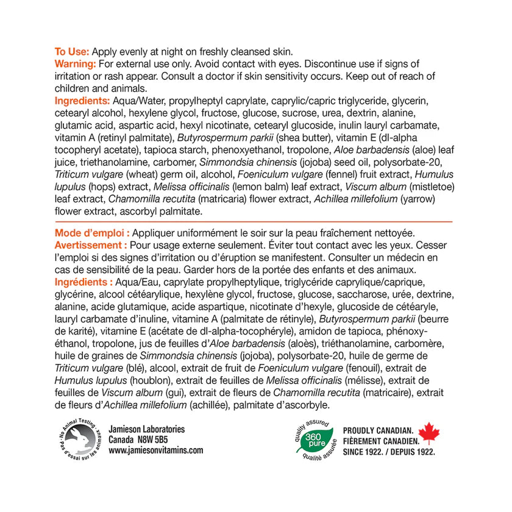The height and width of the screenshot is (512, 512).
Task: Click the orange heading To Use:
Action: click(x=72, y=52)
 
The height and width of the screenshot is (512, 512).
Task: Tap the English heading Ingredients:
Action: click(x=82, y=101)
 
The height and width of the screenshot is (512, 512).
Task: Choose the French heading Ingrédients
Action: click(x=84, y=282)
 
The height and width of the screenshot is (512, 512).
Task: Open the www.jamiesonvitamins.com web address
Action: click(x=155, y=450)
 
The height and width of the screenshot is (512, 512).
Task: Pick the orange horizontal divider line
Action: click(x=254, y=222)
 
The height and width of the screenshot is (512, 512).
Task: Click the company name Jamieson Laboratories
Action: click(x=146, y=430)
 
